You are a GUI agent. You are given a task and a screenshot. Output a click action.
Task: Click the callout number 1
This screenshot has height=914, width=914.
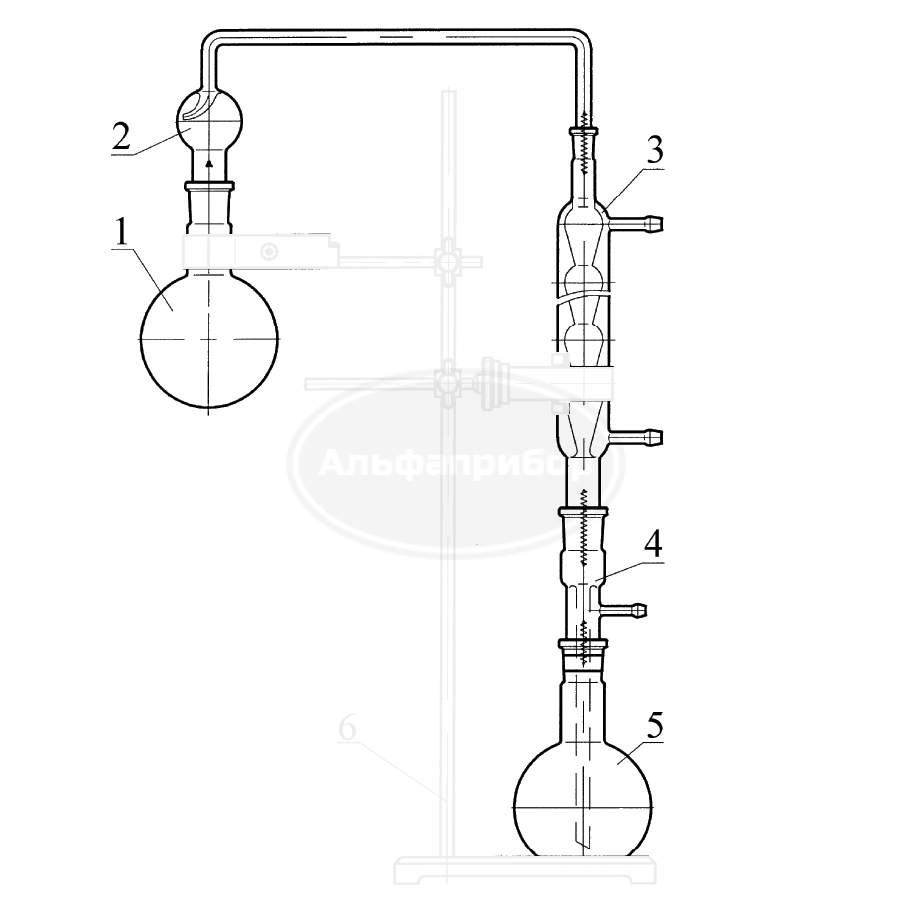[121, 233]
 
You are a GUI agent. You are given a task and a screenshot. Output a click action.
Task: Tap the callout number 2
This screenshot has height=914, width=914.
[122, 136]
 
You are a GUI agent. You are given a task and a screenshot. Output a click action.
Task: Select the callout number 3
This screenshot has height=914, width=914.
[654, 151]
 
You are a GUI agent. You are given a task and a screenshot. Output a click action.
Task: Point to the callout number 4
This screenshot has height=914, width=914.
[653, 545]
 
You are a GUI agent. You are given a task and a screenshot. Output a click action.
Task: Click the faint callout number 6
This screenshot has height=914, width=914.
[348, 728]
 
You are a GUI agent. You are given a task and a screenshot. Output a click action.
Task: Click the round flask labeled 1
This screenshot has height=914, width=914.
[208, 338]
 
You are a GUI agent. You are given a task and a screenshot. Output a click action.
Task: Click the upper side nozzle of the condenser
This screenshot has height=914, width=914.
[635, 221]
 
